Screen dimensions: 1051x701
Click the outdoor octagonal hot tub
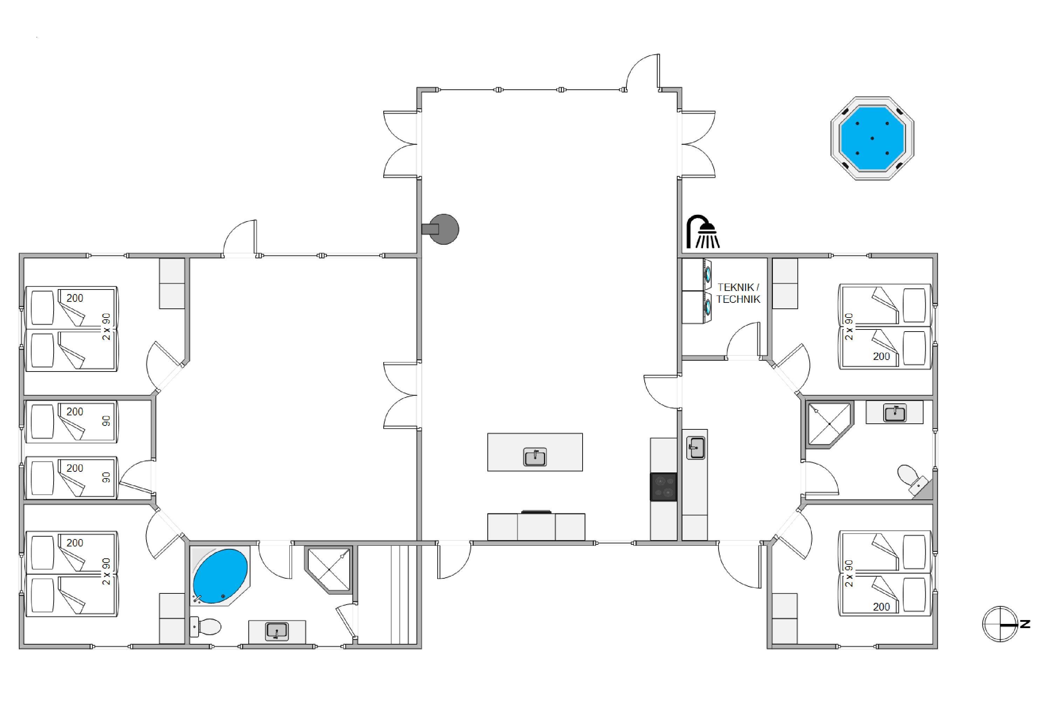tap(872, 138)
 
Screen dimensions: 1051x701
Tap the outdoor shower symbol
tap(703, 232)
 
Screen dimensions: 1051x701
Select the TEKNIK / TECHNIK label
tap(738, 293)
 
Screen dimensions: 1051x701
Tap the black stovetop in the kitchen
tap(664, 487)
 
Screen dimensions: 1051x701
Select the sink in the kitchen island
tap(535, 457)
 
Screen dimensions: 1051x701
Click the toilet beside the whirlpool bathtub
tap(206, 627)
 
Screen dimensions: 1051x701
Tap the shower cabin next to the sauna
tap(329, 570)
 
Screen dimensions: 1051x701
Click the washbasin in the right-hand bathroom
tap(895, 413)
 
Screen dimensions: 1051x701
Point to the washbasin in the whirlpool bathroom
tap(277, 631)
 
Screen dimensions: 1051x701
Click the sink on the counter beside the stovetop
tap(696, 448)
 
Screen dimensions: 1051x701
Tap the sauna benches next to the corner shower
tap(389, 594)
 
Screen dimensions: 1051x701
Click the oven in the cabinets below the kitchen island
tap(536, 527)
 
